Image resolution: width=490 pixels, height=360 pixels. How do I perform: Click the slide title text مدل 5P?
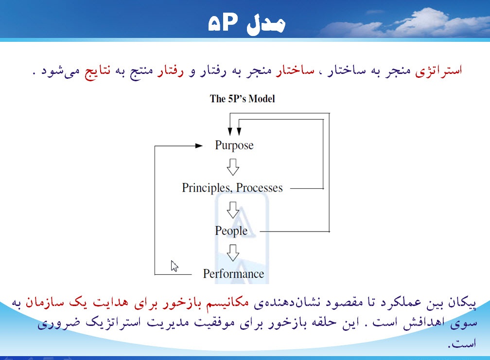[x=246, y=24]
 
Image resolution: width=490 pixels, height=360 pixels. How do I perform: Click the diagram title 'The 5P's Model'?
[x=242, y=99]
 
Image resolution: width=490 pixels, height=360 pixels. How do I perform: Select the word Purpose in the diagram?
[x=234, y=145]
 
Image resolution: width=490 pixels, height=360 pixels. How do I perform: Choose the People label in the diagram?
[x=231, y=231]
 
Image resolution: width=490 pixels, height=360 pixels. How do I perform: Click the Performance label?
[x=233, y=274]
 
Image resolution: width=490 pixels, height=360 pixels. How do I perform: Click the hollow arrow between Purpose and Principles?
[x=233, y=167]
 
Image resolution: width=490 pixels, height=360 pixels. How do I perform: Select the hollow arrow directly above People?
[x=233, y=210]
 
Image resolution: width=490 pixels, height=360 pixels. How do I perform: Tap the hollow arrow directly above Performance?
[x=233, y=252]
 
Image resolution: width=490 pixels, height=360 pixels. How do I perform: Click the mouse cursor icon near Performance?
[x=174, y=266]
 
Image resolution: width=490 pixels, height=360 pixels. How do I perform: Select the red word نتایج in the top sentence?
[x=99, y=71]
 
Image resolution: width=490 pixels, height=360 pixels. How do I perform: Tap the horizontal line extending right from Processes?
[x=304, y=188]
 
